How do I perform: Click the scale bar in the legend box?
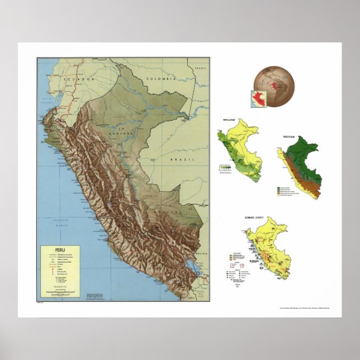[61, 291]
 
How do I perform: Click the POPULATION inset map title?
[228, 121]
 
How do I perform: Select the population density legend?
[225, 167]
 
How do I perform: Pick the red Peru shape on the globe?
[272, 87]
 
